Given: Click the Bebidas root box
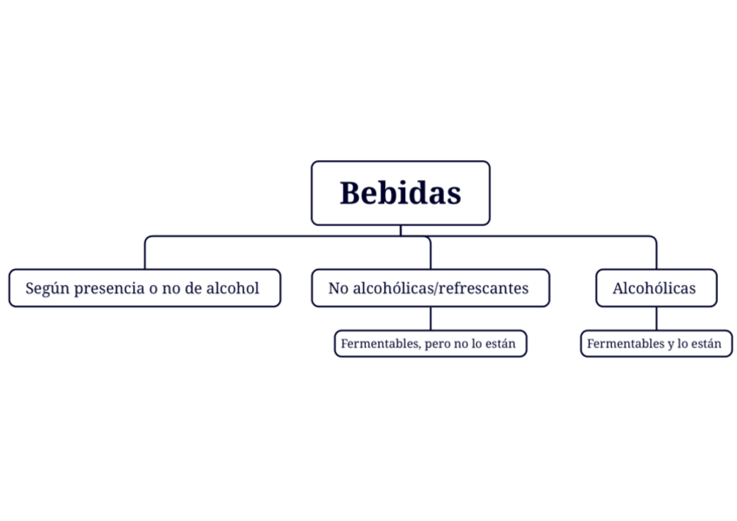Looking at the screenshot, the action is [400, 192].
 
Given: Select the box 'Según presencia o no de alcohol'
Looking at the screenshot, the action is [144, 288].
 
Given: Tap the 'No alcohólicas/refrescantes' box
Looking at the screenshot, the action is [430, 288].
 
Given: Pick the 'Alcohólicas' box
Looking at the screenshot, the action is [656, 288].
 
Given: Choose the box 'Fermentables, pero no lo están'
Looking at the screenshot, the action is [430, 344].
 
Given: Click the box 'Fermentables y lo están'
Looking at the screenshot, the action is [656, 344].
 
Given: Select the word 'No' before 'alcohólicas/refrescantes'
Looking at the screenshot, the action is [337, 288].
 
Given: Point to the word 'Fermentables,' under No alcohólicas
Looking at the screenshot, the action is [381, 344].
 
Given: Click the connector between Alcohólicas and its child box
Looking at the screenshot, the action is [656, 318].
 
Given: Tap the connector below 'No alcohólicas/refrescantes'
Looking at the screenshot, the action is [430, 318].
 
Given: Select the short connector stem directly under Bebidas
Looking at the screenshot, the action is [401, 230].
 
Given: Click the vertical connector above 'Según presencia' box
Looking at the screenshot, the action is [145, 254].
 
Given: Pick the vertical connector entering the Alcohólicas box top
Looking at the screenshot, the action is [656, 254].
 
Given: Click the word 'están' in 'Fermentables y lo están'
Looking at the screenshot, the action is [705, 344].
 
